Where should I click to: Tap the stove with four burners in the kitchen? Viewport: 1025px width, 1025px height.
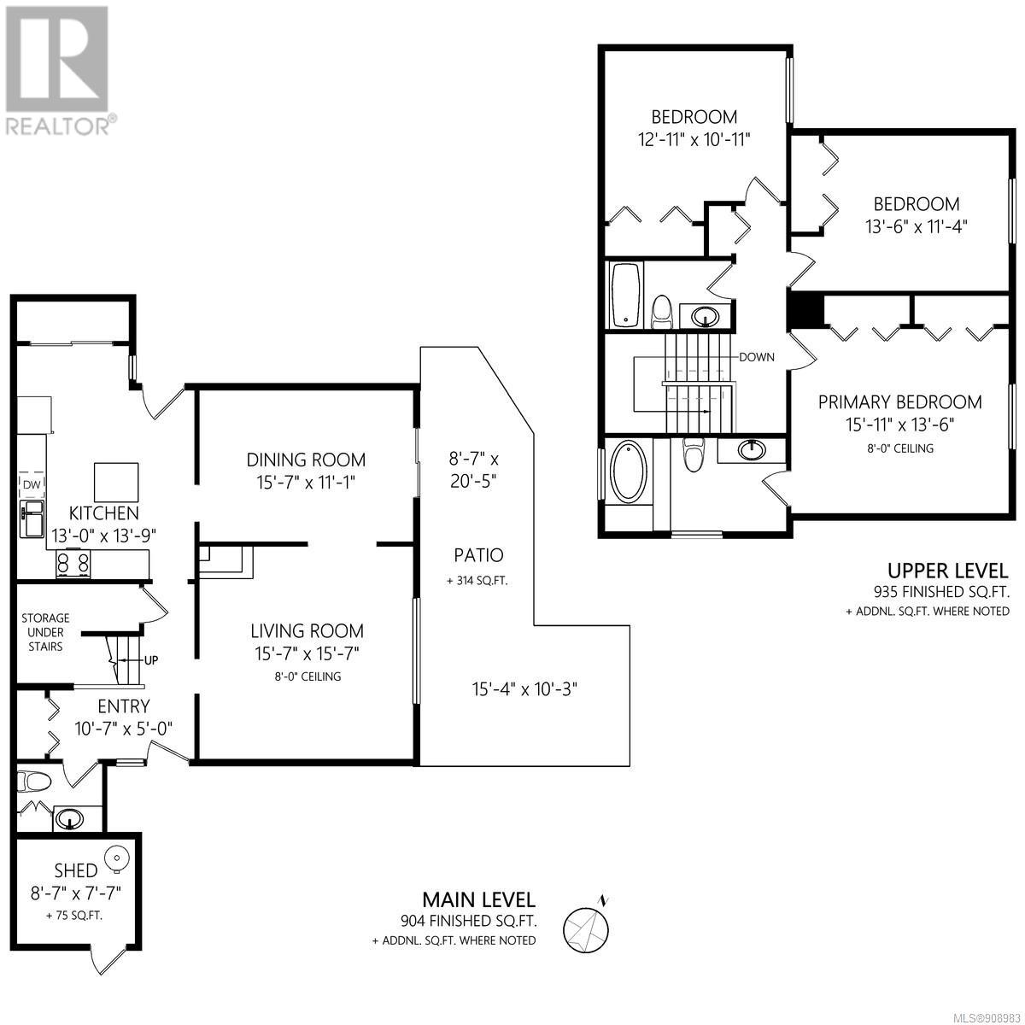click(73, 563)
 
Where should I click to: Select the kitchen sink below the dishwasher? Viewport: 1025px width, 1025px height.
click(32, 518)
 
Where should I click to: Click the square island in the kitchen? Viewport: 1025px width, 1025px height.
click(116, 482)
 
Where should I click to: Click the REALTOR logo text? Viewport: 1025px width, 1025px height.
click(60, 126)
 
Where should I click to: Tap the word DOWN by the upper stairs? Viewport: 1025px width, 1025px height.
click(757, 357)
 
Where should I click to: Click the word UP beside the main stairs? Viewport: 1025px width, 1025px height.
click(151, 660)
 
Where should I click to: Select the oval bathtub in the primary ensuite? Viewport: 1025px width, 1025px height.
click(630, 470)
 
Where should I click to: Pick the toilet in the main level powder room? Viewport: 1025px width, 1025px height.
click(34, 782)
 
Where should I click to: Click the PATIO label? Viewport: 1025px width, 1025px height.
click(478, 555)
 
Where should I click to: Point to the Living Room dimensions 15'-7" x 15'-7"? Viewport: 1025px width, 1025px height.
click(307, 653)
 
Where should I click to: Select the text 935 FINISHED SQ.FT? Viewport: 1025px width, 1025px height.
click(941, 591)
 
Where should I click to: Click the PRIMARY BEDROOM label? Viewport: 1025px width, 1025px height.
click(900, 402)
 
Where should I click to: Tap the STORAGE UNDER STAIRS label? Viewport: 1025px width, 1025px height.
click(45, 632)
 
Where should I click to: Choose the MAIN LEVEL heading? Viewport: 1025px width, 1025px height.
click(478, 899)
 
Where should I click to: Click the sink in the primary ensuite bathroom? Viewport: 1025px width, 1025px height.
click(753, 450)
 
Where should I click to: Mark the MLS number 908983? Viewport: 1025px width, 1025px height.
click(989, 1016)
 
